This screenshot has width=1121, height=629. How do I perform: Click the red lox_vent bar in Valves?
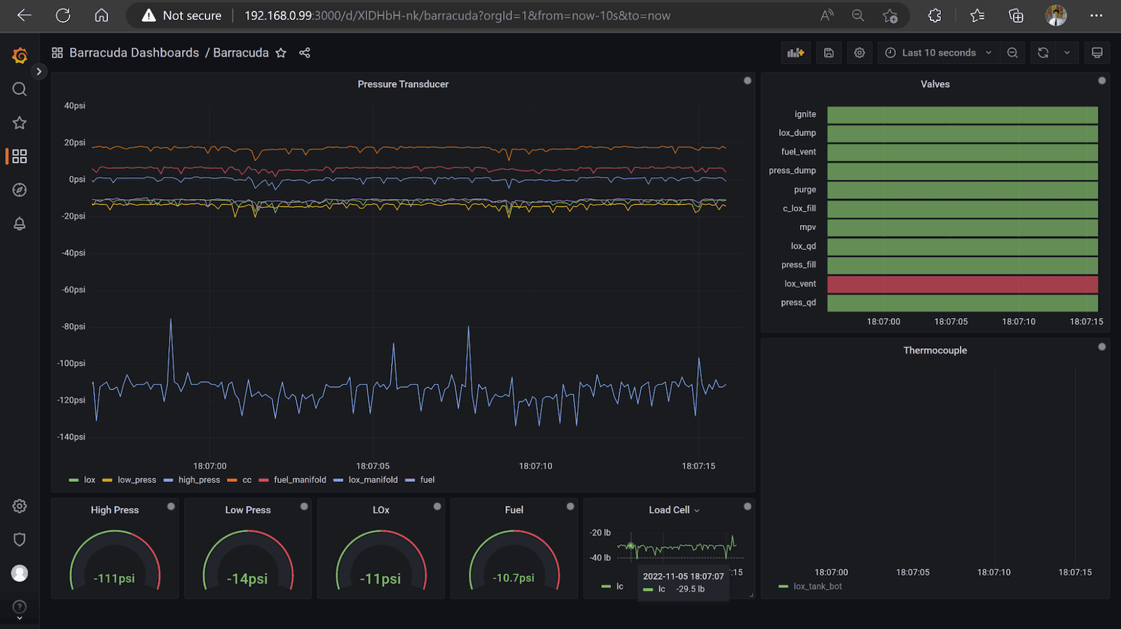(x=962, y=284)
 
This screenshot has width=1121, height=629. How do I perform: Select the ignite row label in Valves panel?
(x=805, y=114)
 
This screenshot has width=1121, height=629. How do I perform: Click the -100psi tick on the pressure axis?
(x=71, y=364)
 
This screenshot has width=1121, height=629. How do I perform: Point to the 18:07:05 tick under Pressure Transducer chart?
(x=372, y=466)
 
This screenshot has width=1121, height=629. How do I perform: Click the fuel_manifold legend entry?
(x=299, y=480)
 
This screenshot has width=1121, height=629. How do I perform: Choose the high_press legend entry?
(x=199, y=480)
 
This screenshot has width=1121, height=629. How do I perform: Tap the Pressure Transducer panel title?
(x=403, y=84)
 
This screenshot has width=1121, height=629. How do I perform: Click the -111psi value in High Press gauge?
(x=114, y=579)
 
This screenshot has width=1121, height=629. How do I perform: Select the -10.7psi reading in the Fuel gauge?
(x=514, y=578)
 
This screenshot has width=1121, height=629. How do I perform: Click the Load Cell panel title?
(x=669, y=510)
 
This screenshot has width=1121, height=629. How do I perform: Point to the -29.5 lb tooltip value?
(x=690, y=589)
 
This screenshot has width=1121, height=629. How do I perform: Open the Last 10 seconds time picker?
(x=938, y=53)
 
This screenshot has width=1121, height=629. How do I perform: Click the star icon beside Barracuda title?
(x=281, y=53)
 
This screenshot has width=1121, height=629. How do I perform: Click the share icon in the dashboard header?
(x=305, y=53)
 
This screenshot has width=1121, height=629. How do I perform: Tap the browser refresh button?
(x=63, y=15)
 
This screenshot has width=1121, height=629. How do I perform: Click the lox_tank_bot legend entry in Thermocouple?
(x=817, y=586)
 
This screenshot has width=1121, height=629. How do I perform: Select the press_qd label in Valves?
(x=798, y=303)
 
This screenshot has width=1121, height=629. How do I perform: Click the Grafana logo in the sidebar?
(x=20, y=55)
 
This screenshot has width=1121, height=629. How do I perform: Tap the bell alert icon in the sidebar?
(x=20, y=223)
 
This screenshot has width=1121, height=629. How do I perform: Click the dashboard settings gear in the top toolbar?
(x=860, y=53)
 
